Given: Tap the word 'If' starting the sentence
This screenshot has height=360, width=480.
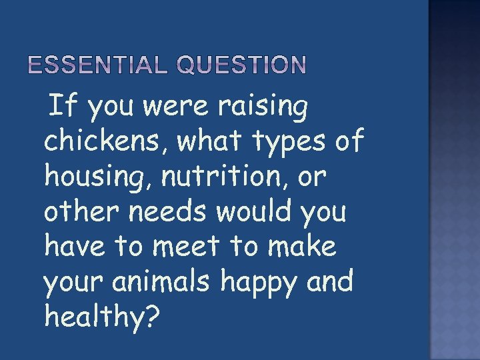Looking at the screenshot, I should click(63, 107).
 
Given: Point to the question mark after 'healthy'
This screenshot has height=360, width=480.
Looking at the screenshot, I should click(152, 318).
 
